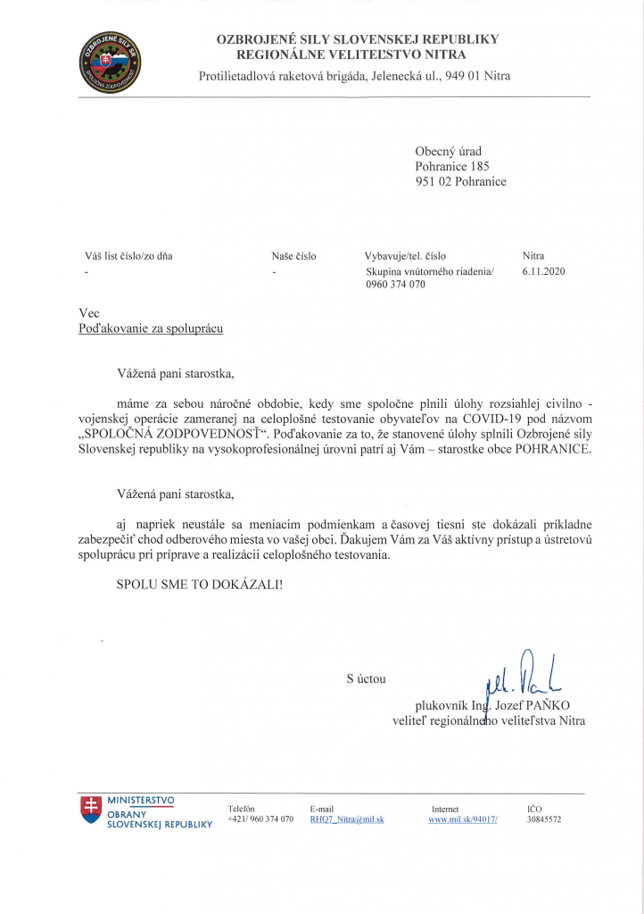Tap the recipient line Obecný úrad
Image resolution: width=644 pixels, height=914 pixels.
tap(448, 151)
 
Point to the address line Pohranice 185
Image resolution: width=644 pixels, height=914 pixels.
tap(452, 166)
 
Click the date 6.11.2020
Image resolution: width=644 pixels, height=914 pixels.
tap(544, 271)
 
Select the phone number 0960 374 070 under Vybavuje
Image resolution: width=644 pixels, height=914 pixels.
tap(396, 285)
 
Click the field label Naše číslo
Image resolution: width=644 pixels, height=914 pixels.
tap(293, 256)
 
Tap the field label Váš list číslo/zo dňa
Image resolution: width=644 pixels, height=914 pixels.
tap(128, 256)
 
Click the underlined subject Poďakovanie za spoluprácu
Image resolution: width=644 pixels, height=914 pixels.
tap(151, 328)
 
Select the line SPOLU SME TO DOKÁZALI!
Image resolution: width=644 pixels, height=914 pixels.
tap(199, 585)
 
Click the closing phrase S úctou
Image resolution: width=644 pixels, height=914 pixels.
tap(366, 679)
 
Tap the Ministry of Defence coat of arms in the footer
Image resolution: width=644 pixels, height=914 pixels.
tap(90, 810)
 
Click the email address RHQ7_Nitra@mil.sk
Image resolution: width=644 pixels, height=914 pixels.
tap(346, 818)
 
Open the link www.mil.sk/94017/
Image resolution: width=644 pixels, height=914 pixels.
tap(463, 818)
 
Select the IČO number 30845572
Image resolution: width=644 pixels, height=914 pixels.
tap(544, 818)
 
